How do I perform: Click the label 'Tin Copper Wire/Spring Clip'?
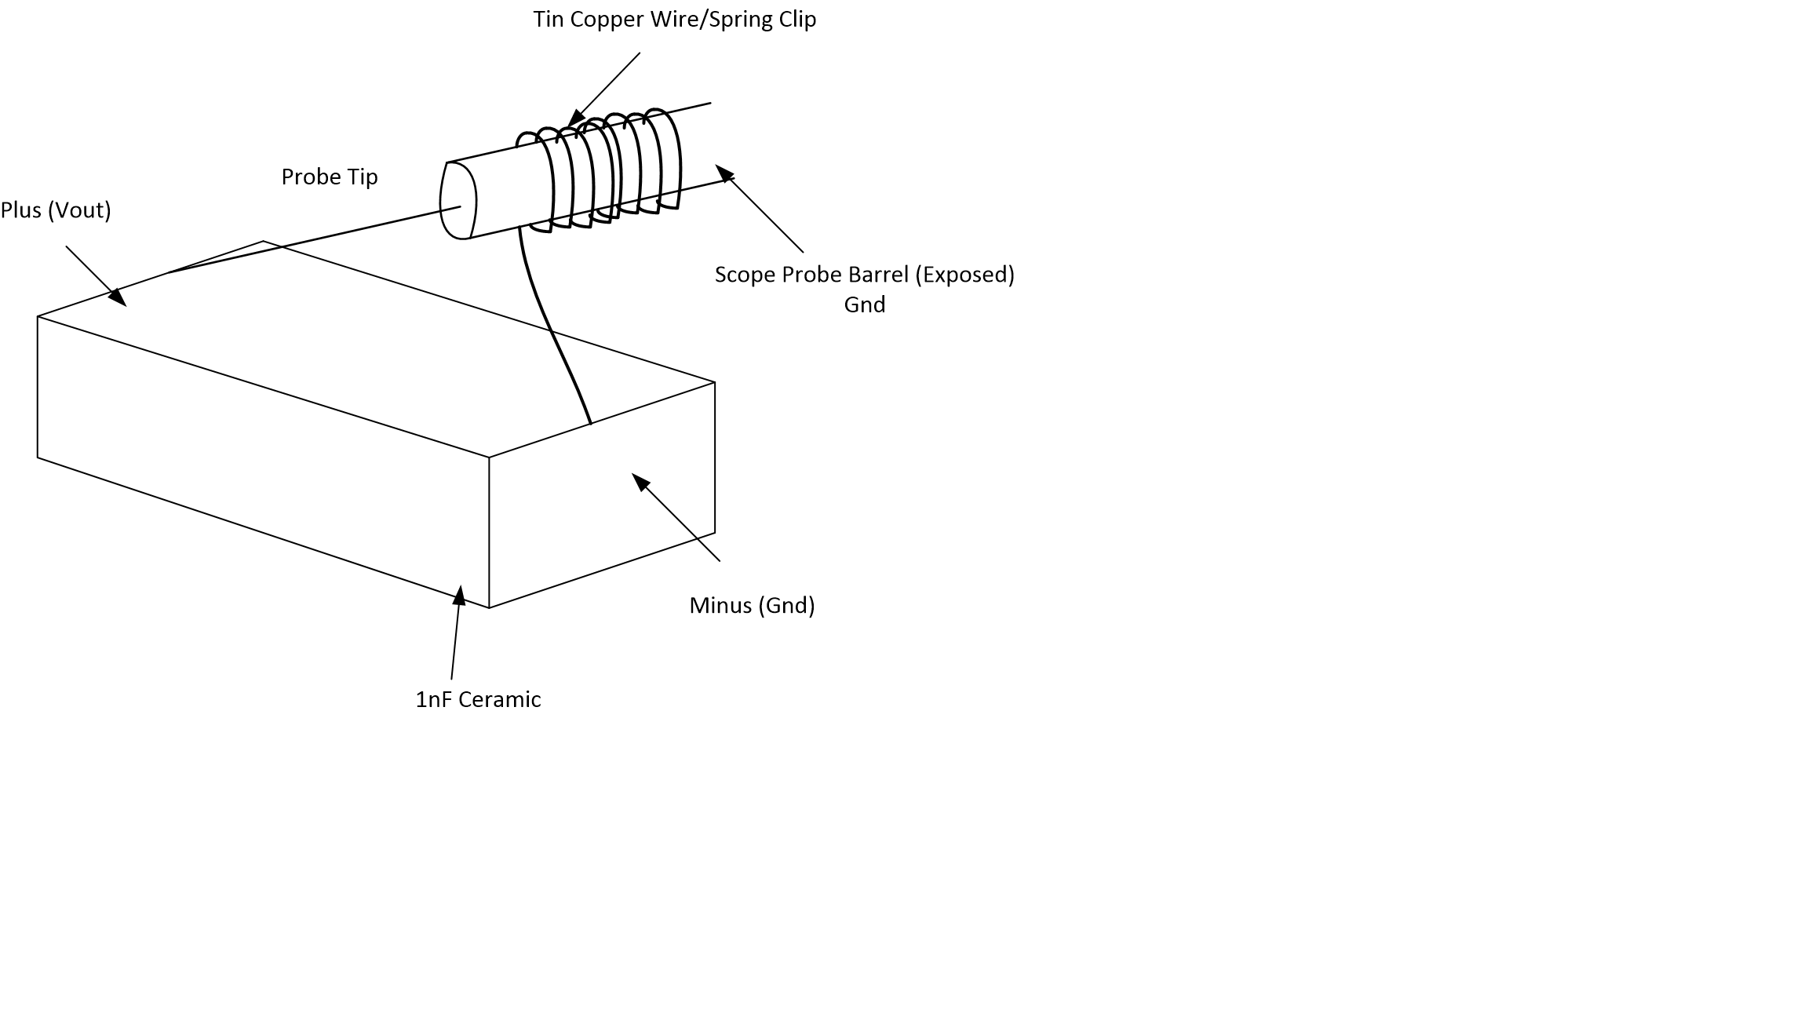coord(674,19)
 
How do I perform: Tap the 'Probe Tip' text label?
coord(330,177)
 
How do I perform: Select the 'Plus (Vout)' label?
coord(56,210)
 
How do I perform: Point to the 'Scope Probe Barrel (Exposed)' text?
coord(864,275)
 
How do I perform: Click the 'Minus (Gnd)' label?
coord(752,606)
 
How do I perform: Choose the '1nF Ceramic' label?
coord(478,699)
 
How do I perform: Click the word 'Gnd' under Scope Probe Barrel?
coord(864,304)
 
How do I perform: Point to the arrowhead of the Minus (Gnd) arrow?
coord(640,481)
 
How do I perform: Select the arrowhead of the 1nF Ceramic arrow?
coord(460,596)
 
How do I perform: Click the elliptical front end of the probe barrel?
coord(458,200)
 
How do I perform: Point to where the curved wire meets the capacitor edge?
coord(590,423)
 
